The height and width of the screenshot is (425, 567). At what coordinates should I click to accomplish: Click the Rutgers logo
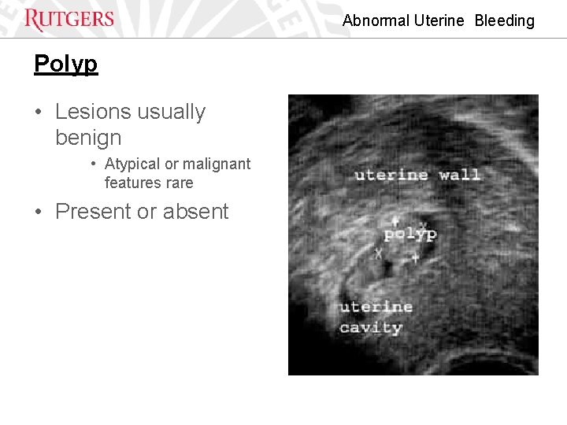click(x=69, y=19)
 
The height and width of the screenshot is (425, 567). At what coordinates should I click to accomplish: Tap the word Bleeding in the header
click(x=504, y=20)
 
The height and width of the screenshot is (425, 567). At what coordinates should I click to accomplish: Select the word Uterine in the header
click(x=439, y=20)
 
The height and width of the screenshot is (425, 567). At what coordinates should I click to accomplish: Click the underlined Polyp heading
click(x=65, y=63)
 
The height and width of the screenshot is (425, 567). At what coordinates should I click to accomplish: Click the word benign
click(x=88, y=138)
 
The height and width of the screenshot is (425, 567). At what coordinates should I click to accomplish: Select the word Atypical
click(x=132, y=164)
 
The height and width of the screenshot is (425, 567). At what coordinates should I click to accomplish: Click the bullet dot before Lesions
click(x=39, y=113)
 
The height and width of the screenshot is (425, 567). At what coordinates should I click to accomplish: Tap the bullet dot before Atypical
click(x=93, y=164)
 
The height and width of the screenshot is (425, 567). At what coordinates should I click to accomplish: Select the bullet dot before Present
click(x=39, y=213)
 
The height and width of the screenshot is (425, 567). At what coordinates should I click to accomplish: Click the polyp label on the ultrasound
click(x=409, y=235)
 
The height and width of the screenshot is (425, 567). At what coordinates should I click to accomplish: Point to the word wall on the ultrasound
click(x=459, y=175)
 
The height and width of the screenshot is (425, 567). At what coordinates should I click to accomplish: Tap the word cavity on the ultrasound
click(x=370, y=327)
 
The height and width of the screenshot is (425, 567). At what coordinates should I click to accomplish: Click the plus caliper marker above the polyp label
click(x=395, y=221)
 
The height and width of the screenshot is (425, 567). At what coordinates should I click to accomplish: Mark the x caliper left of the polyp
click(x=377, y=253)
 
